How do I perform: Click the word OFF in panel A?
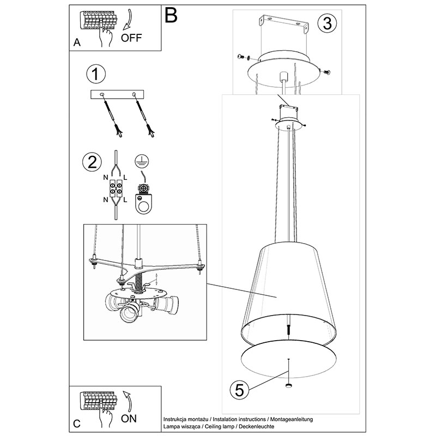click(x=131, y=38)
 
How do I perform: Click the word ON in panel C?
click(x=129, y=419)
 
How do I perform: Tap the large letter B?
click(x=171, y=15)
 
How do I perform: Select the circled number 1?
click(x=96, y=74)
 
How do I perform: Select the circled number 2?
click(x=92, y=162)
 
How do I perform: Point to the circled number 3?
click(x=327, y=23)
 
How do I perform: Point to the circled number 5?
click(x=239, y=390)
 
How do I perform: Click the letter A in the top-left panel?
click(x=77, y=43)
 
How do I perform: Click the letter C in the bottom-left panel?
click(x=77, y=423)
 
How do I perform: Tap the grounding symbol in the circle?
click(x=142, y=161)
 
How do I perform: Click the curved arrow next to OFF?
click(x=128, y=19)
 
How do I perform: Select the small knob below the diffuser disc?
click(x=289, y=385)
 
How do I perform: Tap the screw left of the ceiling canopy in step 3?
click(x=242, y=57)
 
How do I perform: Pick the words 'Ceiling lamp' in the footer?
click(x=220, y=427)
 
